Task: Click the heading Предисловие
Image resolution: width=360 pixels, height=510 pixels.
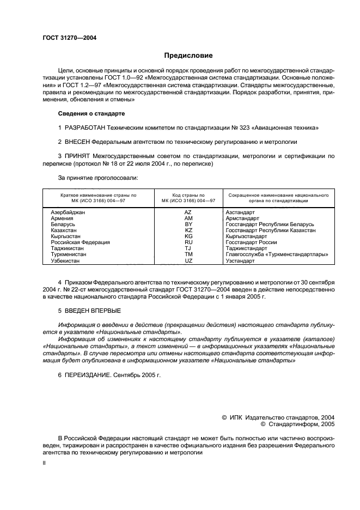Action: [188, 56]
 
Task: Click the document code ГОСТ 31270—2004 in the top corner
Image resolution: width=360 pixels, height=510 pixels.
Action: [65, 38]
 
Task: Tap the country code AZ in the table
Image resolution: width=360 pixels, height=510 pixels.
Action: [188, 211]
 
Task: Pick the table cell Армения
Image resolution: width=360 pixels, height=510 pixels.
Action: [62, 217]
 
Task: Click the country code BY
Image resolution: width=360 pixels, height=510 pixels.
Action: [188, 224]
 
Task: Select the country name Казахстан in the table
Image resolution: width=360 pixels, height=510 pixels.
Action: [64, 230]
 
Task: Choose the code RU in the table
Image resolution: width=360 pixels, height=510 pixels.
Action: [188, 242]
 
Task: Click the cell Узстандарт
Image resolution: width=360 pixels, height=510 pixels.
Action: [240, 261]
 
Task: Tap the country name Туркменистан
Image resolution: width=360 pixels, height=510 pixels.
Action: [68, 254]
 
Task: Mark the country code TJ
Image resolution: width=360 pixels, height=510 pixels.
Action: [188, 248]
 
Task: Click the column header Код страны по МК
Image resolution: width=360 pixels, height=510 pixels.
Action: [188, 197]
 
